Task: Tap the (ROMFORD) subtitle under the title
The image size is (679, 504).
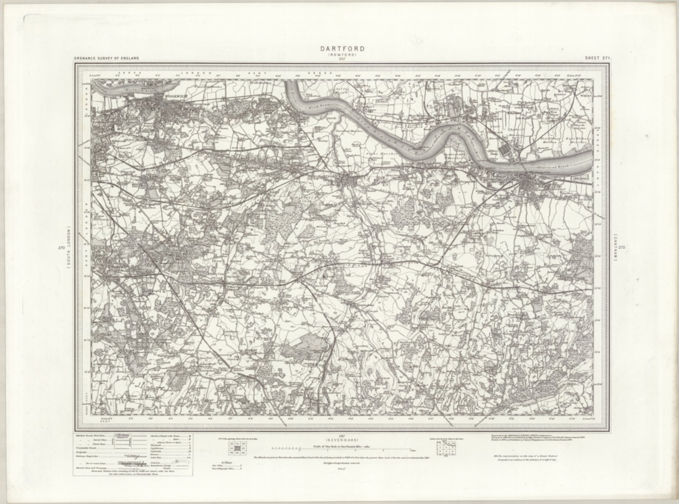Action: click(339, 55)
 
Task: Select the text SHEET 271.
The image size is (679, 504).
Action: click(598, 58)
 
